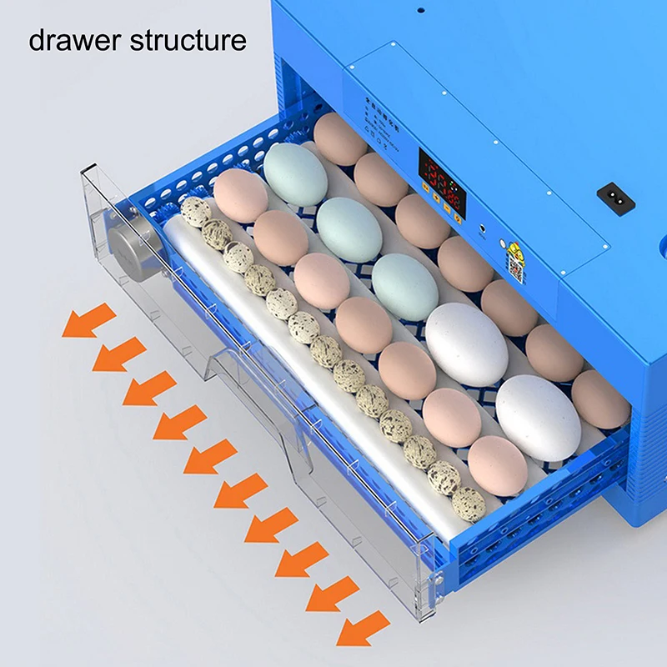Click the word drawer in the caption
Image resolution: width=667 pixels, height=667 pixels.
click(75, 40)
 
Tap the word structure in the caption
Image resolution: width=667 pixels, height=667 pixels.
click(188, 40)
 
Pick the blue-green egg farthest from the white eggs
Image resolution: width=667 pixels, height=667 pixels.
click(296, 174)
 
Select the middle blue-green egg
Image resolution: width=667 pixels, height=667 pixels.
click(349, 229)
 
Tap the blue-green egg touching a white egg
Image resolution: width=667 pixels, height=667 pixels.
click(404, 286)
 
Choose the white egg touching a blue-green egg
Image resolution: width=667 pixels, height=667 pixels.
click(466, 343)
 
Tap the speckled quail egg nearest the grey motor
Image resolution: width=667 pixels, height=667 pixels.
click(196, 212)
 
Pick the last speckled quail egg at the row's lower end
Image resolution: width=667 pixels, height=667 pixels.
click(469, 504)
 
